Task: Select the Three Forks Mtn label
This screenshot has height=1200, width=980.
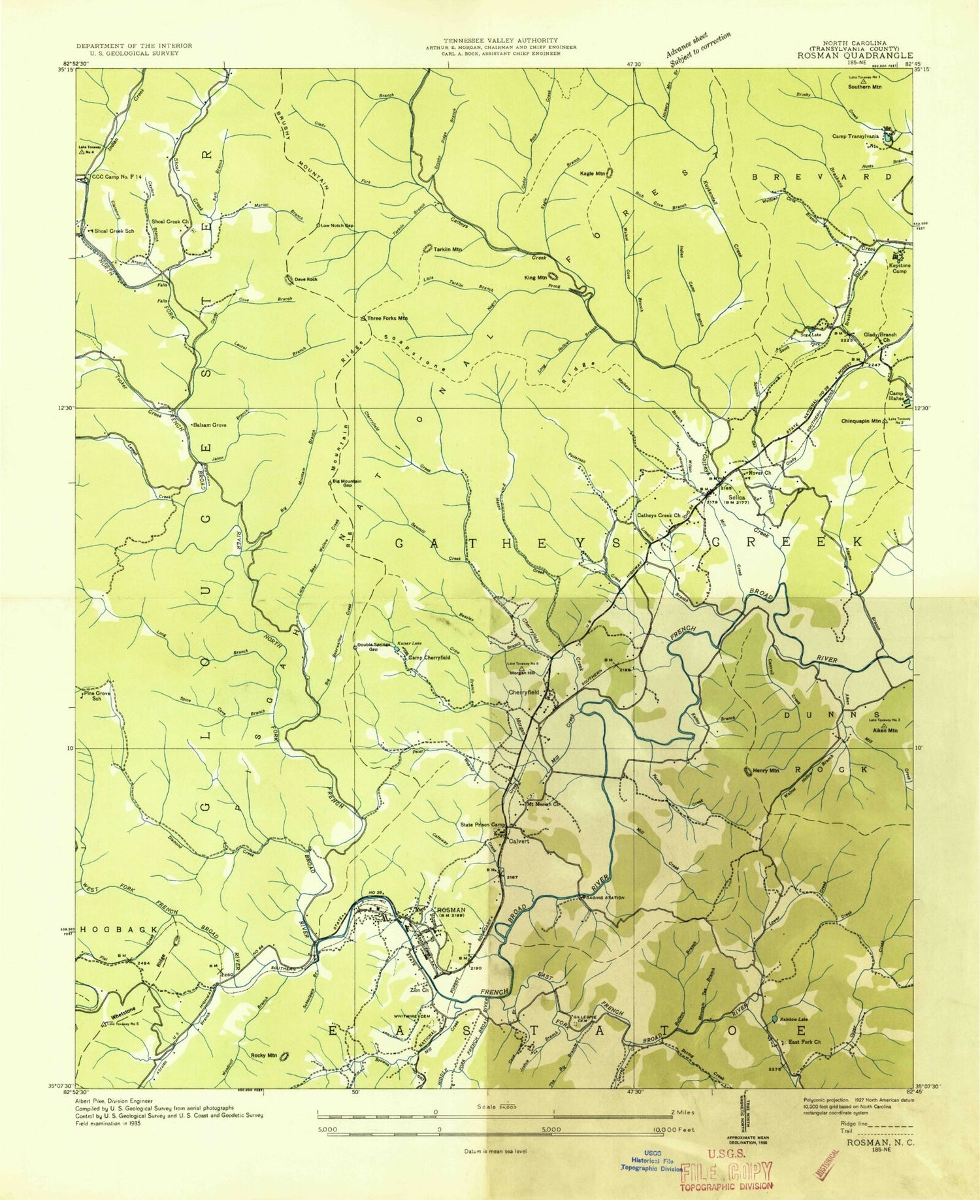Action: (387, 318)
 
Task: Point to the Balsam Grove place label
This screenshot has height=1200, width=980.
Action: (209, 425)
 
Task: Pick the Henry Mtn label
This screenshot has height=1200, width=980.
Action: (765, 771)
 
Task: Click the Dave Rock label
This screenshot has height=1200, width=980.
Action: (305, 280)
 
